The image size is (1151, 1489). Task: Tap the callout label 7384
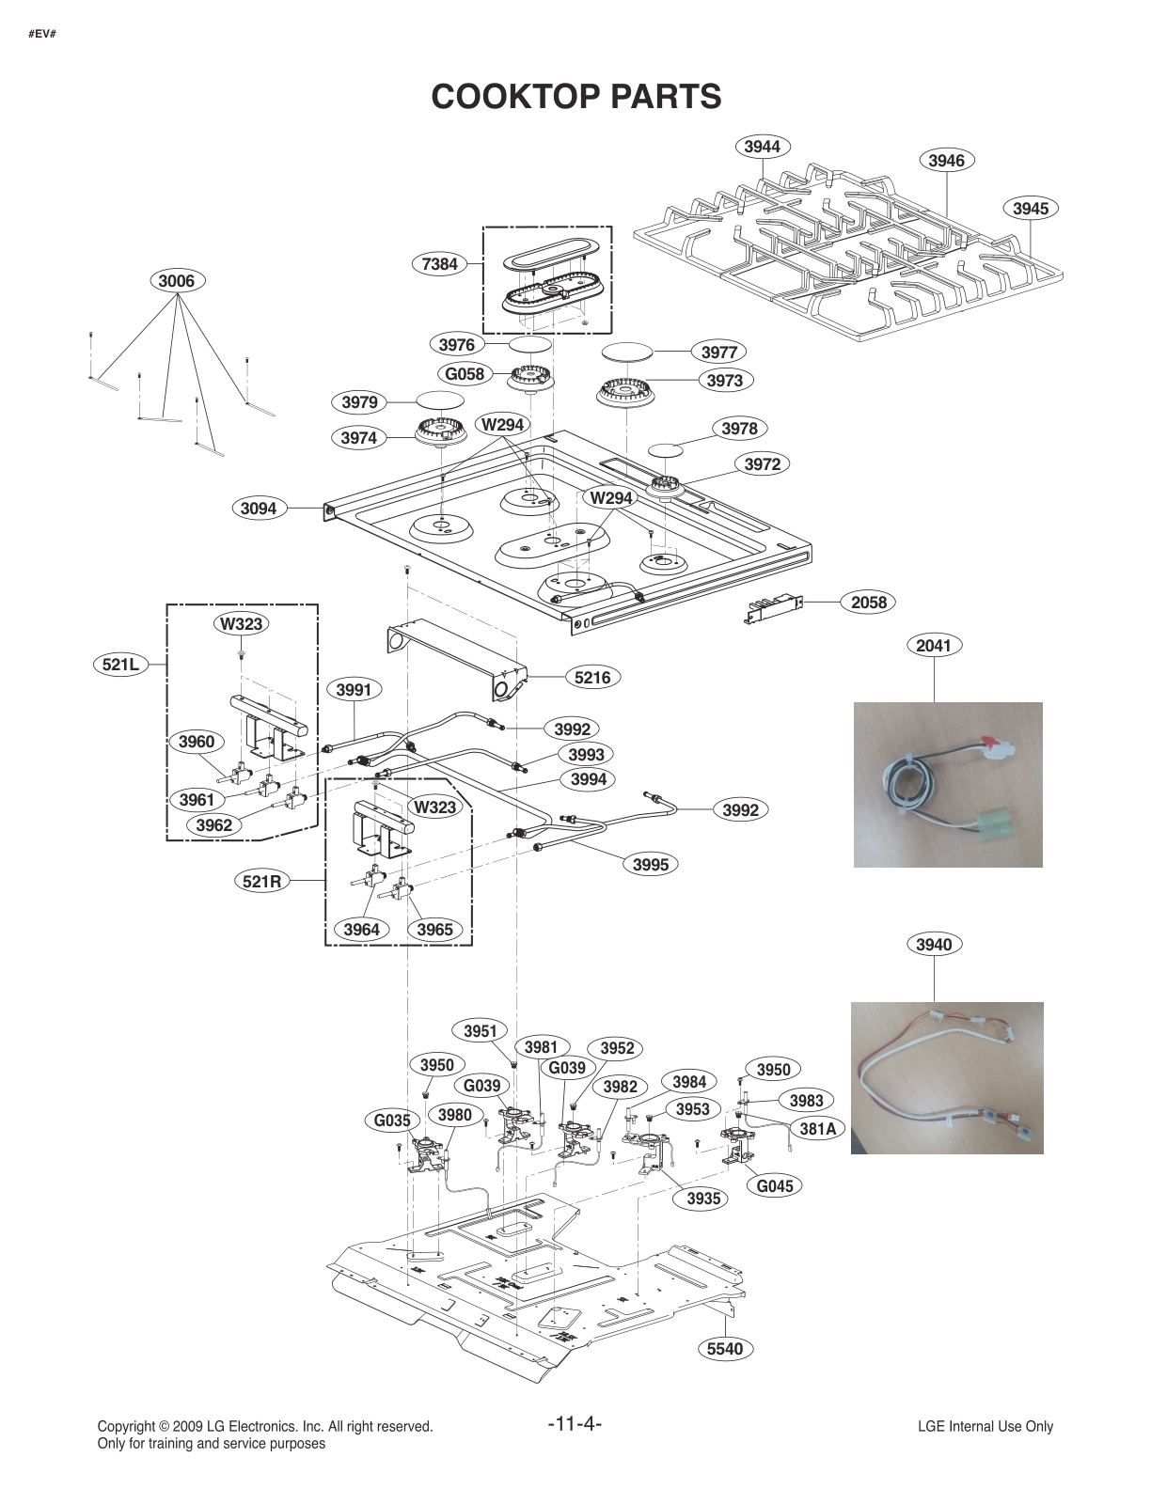[440, 264]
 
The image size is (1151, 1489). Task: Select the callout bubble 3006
[176, 280]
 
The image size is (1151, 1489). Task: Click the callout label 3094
[259, 509]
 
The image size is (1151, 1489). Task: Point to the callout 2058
[868, 602]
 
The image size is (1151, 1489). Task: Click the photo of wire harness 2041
[947, 784]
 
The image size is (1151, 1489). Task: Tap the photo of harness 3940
[947, 1077]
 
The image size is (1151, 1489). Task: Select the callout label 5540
[725, 1349]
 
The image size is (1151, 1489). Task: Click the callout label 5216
[591, 677]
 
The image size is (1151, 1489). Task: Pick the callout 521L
[121, 665]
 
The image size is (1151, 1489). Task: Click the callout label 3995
[651, 864]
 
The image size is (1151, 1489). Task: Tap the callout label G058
[465, 374]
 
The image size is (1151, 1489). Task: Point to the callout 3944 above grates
[762, 146]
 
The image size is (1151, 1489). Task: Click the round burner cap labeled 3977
[625, 353]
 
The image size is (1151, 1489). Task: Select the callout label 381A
[817, 1129]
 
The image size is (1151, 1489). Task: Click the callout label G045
[775, 1185]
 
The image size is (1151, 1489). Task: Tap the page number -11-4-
[575, 1423]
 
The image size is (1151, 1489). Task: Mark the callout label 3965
[435, 930]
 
